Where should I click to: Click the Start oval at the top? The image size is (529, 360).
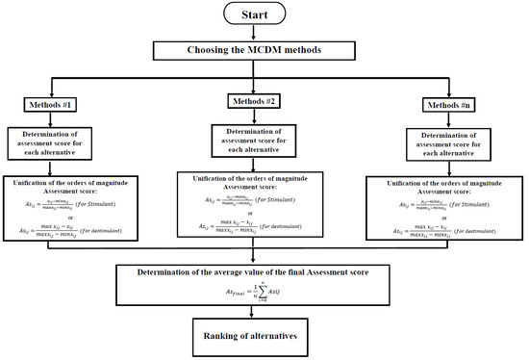(x=264, y=14)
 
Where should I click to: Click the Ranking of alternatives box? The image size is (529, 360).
(x=264, y=338)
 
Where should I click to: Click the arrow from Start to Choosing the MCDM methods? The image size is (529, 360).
(x=264, y=34)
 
